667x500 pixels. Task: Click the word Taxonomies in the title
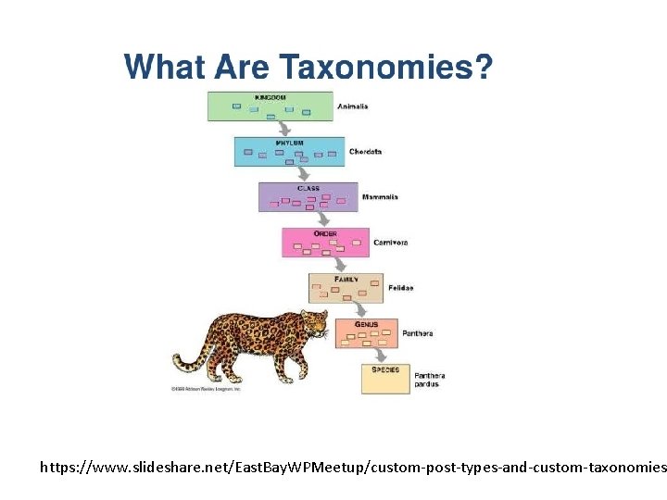[x=385, y=68]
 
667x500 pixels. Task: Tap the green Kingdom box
[x=270, y=106]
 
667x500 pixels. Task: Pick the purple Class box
[x=308, y=196]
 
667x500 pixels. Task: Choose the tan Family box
[x=346, y=287]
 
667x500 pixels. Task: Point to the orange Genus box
[x=365, y=333]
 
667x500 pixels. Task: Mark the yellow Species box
[x=385, y=379]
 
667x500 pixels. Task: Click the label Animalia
[x=353, y=106]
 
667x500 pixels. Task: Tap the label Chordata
[x=365, y=152]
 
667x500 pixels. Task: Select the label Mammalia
[x=380, y=197]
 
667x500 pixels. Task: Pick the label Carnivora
[x=390, y=243]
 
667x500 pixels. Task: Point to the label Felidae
[x=400, y=288]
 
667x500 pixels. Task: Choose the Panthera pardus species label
[x=431, y=380]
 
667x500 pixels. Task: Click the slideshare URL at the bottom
[x=352, y=469]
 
